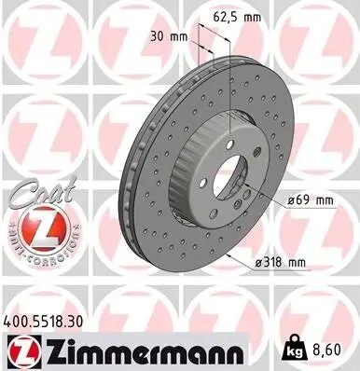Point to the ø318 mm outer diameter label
280,264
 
